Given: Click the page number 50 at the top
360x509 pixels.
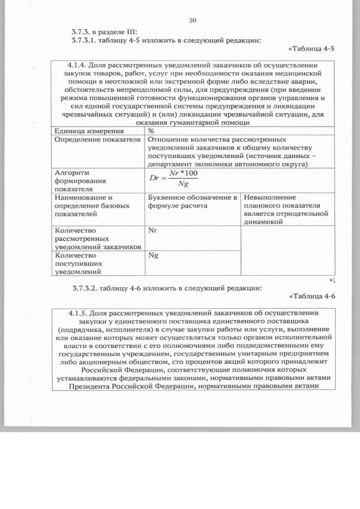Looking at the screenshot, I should pyautogui.click(x=192, y=20).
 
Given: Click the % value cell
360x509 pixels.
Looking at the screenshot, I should pyautogui.click(x=151, y=131).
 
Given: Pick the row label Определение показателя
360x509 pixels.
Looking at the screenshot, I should pyautogui.click(x=96, y=140).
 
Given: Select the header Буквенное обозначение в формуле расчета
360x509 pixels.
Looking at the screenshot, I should pyautogui.click(x=192, y=201).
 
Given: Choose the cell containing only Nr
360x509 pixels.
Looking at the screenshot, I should pyautogui.click(x=152, y=230).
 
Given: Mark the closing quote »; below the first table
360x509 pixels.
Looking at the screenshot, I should pyautogui.click(x=332, y=279).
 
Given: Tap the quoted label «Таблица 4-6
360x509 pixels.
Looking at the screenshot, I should pyautogui.click(x=311, y=296).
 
